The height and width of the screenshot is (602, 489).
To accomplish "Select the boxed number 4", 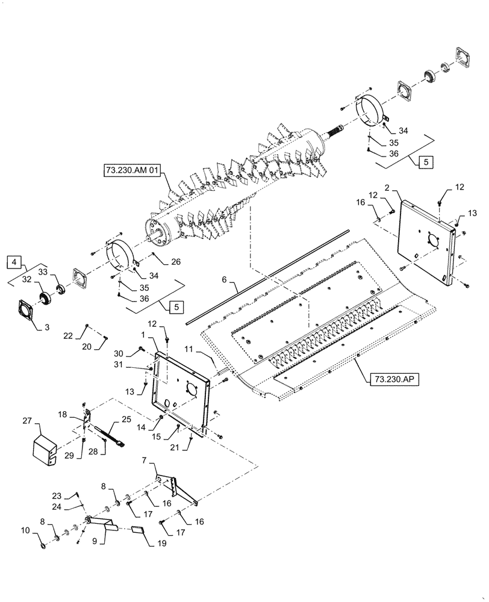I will click(14, 262).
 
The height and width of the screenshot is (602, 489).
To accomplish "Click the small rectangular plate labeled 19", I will click(138, 530).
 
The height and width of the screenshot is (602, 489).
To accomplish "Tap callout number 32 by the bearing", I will click(26, 279).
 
